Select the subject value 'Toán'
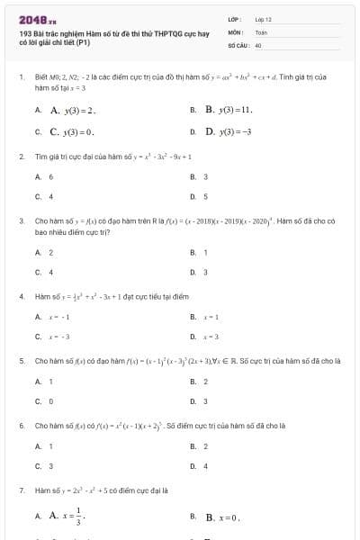[262, 31]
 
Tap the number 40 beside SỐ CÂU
[258, 44]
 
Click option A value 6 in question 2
[51, 176]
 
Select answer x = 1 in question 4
[211, 317]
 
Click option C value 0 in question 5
[51, 401]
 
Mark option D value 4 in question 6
[206, 466]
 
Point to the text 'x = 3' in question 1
[75, 88]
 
